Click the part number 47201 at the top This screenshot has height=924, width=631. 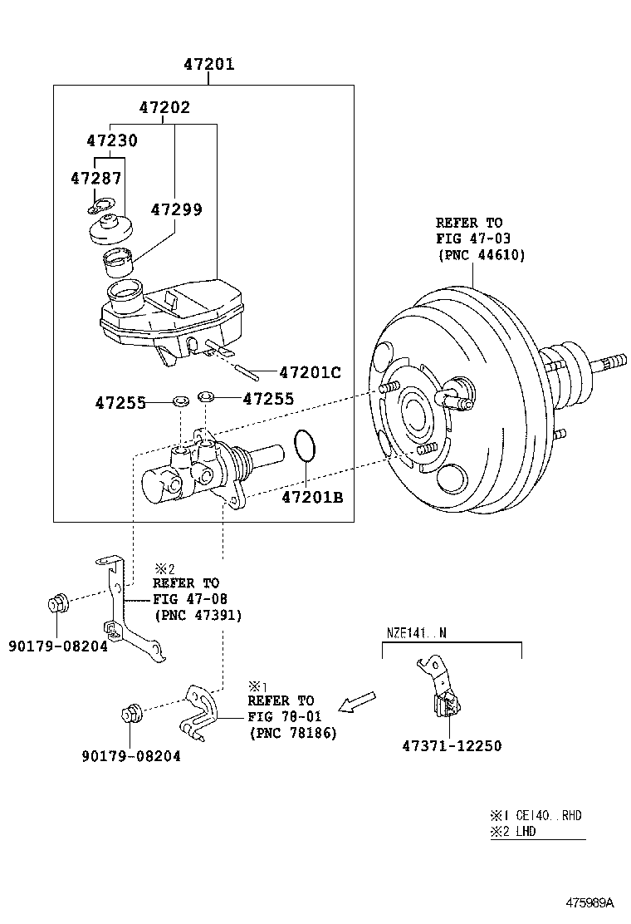[x=208, y=64]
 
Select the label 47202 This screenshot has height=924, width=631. [x=164, y=107]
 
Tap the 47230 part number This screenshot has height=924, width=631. [x=112, y=141]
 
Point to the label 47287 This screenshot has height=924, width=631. [x=95, y=178]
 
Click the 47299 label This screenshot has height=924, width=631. [x=176, y=209]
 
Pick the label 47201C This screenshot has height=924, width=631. [x=310, y=373]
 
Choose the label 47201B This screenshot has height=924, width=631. [x=311, y=498]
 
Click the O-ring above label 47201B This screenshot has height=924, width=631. [x=305, y=446]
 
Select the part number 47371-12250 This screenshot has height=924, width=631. [x=452, y=745]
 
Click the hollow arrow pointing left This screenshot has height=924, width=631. [x=359, y=702]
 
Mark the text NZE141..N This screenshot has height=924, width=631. [x=416, y=632]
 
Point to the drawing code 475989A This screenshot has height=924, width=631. [x=589, y=902]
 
